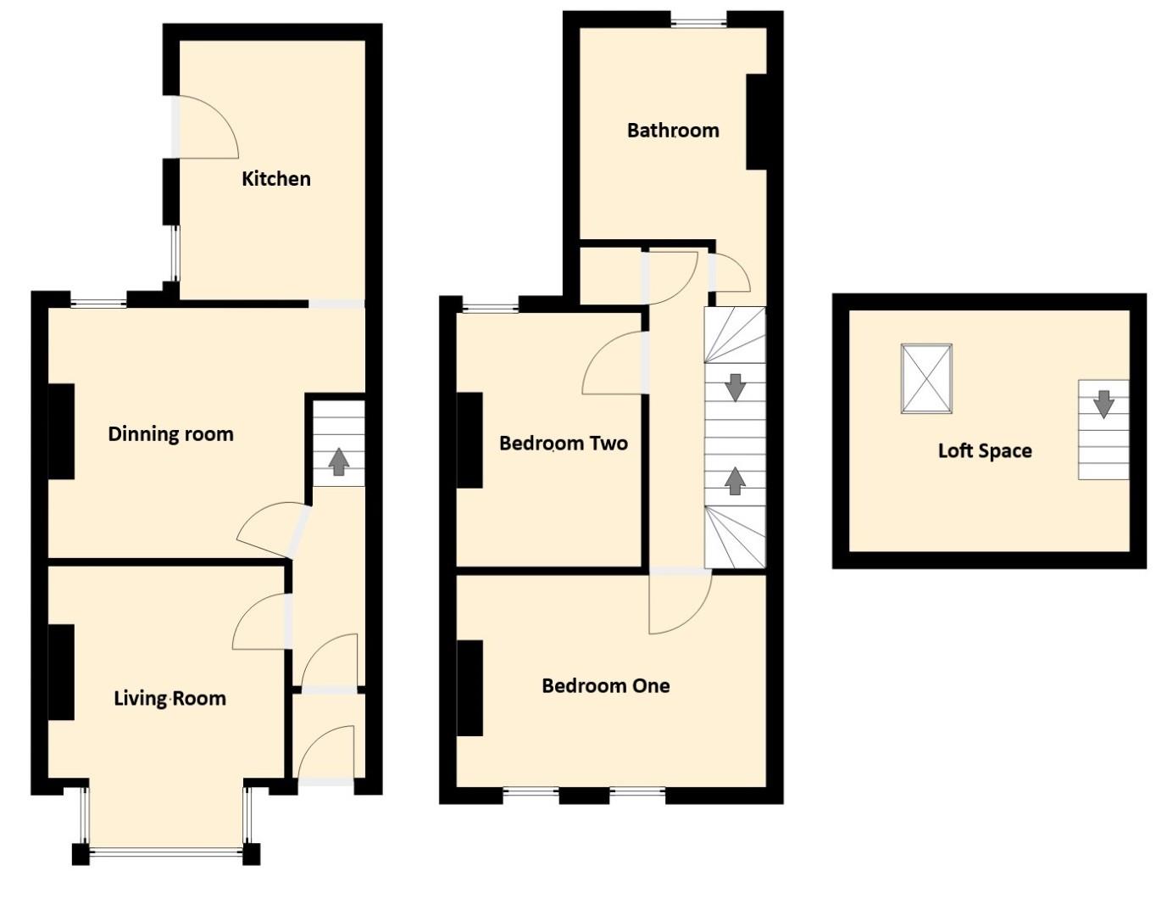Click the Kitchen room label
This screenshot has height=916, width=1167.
(x=276, y=179)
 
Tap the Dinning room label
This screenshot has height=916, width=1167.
(x=170, y=434)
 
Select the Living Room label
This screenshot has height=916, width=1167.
(x=169, y=699)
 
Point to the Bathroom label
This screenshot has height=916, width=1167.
(x=673, y=131)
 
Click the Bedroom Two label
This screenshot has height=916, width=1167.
(x=563, y=444)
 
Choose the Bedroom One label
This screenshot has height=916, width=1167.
(x=605, y=686)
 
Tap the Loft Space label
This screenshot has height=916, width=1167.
(x=984, y=451)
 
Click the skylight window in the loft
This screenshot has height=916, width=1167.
(x=926, y=378)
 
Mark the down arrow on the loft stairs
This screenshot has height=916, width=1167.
(x=1103, y=404)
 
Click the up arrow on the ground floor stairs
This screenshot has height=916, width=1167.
(x=339, y=462)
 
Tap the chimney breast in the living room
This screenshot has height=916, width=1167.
(x=61, y=673)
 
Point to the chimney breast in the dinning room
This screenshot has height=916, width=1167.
(x=61, y=431)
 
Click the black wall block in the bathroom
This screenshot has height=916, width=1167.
(x=758, y=122)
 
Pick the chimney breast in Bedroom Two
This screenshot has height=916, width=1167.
(x=470, y=440)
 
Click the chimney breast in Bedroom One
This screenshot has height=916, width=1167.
(x=470, y=688)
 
